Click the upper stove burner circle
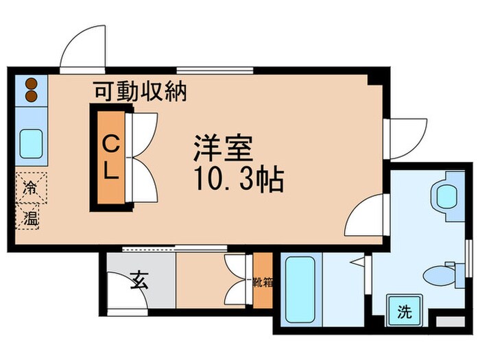[x=31, y=83]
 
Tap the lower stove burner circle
[x=31, y=95]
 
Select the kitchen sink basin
[x=31, y=143]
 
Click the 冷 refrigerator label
[x=31, y=187]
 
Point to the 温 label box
[x=31, y=219]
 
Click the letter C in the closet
[x=111, y=145]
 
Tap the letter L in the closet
[x=111, y=173]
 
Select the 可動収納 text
[x=140, y=92]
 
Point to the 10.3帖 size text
[x=237, y=180]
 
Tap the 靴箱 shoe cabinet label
[x=262, y=282]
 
